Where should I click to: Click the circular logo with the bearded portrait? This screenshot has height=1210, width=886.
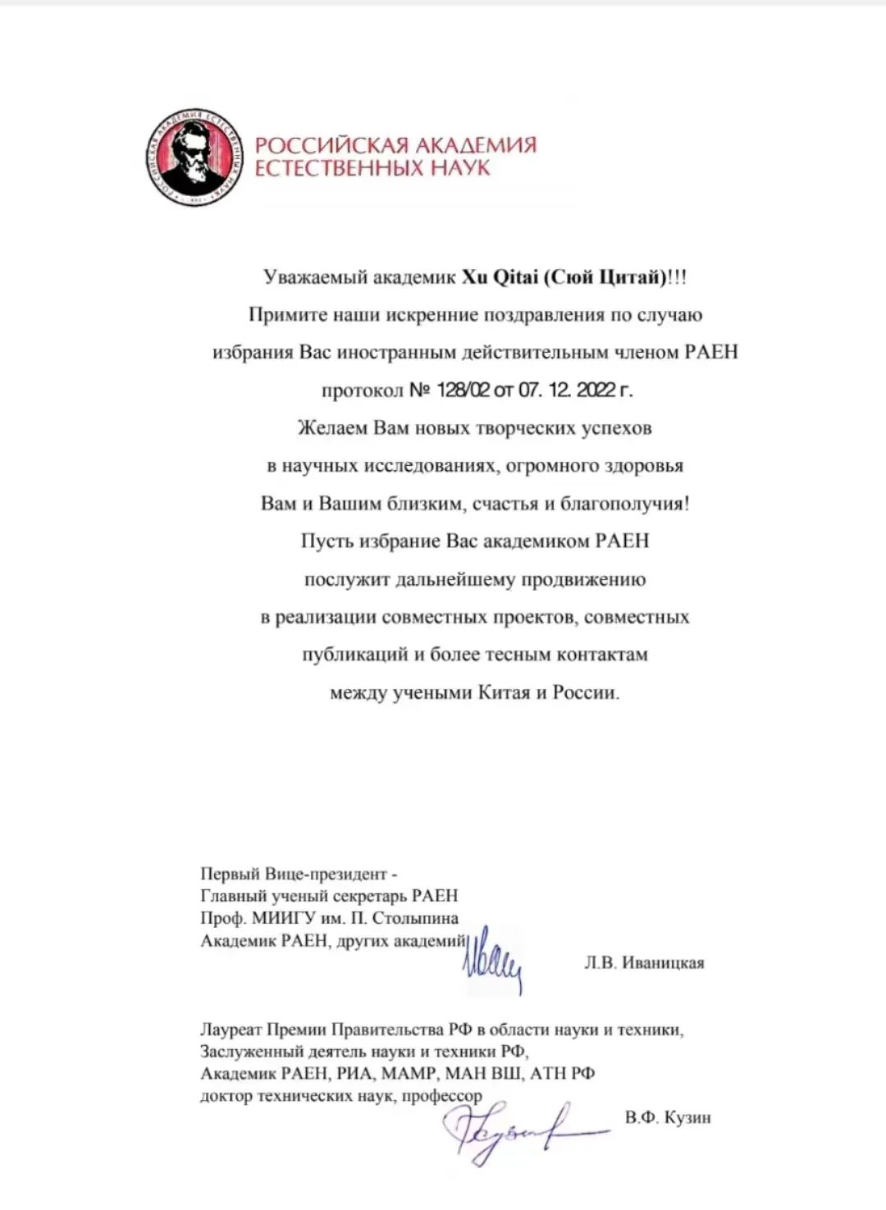coord(195,157)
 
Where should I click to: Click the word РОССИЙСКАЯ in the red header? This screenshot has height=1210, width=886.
coord(331,146)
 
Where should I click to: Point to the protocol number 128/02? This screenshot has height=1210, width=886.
coord(464,390)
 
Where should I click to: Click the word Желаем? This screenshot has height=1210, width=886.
coord(332,428)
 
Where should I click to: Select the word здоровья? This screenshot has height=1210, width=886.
coord(644,466)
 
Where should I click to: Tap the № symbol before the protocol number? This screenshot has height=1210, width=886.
coord(420,390)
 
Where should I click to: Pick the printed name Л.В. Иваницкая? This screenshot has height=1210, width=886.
coord(644,963)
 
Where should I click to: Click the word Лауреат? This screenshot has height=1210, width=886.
coord(231,1030)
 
